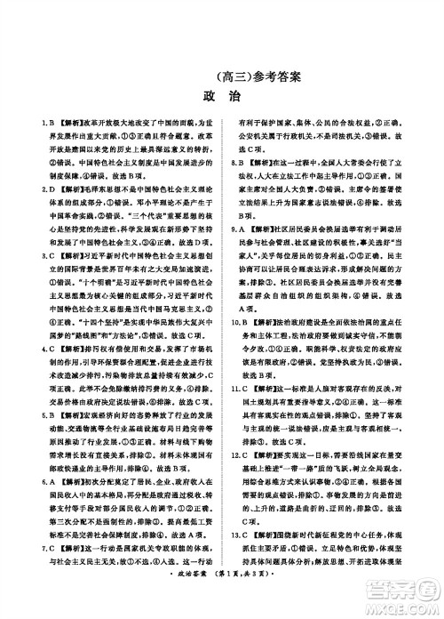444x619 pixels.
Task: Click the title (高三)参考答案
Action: [x=222, y=76]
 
